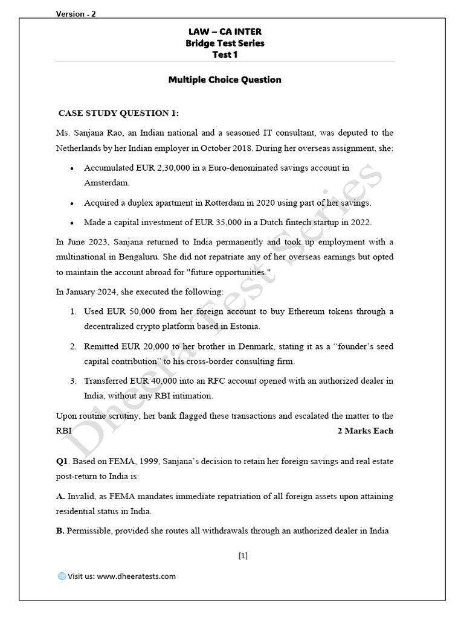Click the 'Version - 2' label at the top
click(76, 14)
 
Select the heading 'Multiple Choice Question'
click(224, 80)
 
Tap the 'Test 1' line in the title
click(224, 54)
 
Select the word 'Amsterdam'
click(107, 182)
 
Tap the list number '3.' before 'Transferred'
click(72, 381)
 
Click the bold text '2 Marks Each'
click(365, 431)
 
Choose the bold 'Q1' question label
click(62, 462)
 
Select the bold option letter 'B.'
click(60, 530)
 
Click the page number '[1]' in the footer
click(243, 556)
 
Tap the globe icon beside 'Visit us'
click(61, 576)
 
